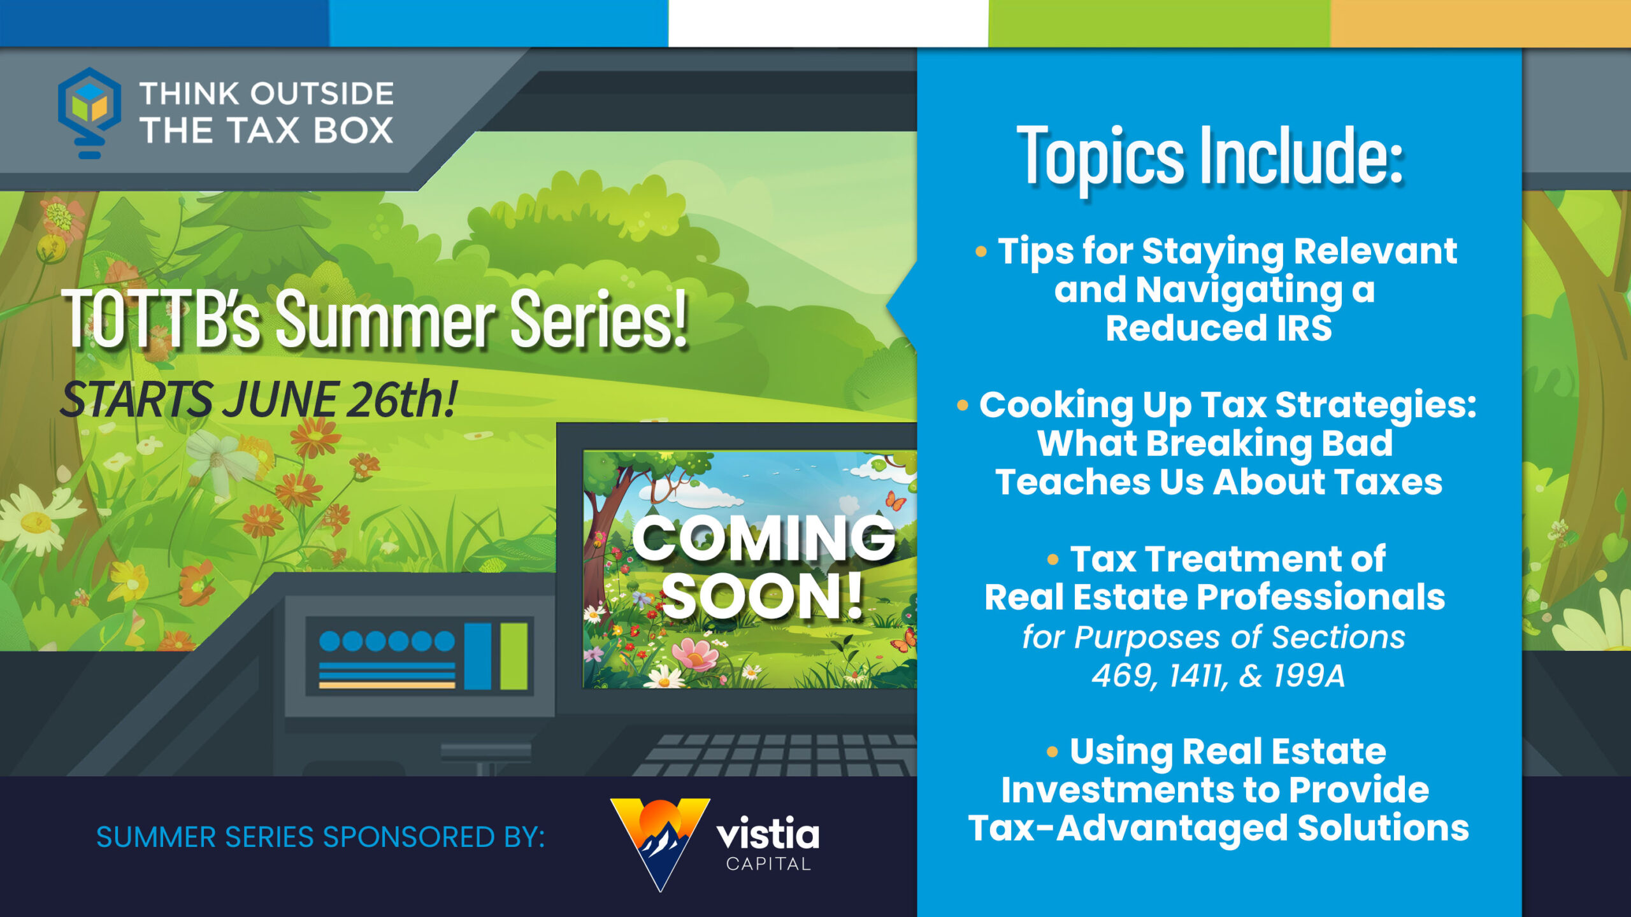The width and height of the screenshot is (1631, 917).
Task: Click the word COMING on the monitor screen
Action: tap(764, 538)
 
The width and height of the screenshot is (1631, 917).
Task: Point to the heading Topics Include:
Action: tap(1210, 156)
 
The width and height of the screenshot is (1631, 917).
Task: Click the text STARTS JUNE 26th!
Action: tap(259, 400)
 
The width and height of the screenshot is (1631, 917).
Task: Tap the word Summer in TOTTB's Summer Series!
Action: tap(385, 318)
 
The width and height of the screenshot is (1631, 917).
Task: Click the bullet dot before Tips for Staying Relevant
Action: tap(981, 252)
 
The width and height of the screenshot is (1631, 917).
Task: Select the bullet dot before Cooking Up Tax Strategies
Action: tap(963, 405)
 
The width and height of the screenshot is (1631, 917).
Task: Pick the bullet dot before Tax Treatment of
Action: tap(1053, 560)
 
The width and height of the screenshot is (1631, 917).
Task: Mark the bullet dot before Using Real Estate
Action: tap(1053, 752)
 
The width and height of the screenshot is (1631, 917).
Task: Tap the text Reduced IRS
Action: tap(1219, 328)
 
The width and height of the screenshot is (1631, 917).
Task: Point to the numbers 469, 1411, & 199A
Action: tap(1218, 676)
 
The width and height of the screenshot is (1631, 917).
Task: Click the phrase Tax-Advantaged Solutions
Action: tap(1218, 828)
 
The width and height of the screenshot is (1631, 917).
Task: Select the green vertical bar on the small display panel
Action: tap(514, 656)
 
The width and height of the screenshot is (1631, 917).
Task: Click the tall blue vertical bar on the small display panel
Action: tap(478, 656)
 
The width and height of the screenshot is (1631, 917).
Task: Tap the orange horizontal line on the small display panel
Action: tap(387, 685)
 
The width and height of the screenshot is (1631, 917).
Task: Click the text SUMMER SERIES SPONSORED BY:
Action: tap(320, 837)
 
